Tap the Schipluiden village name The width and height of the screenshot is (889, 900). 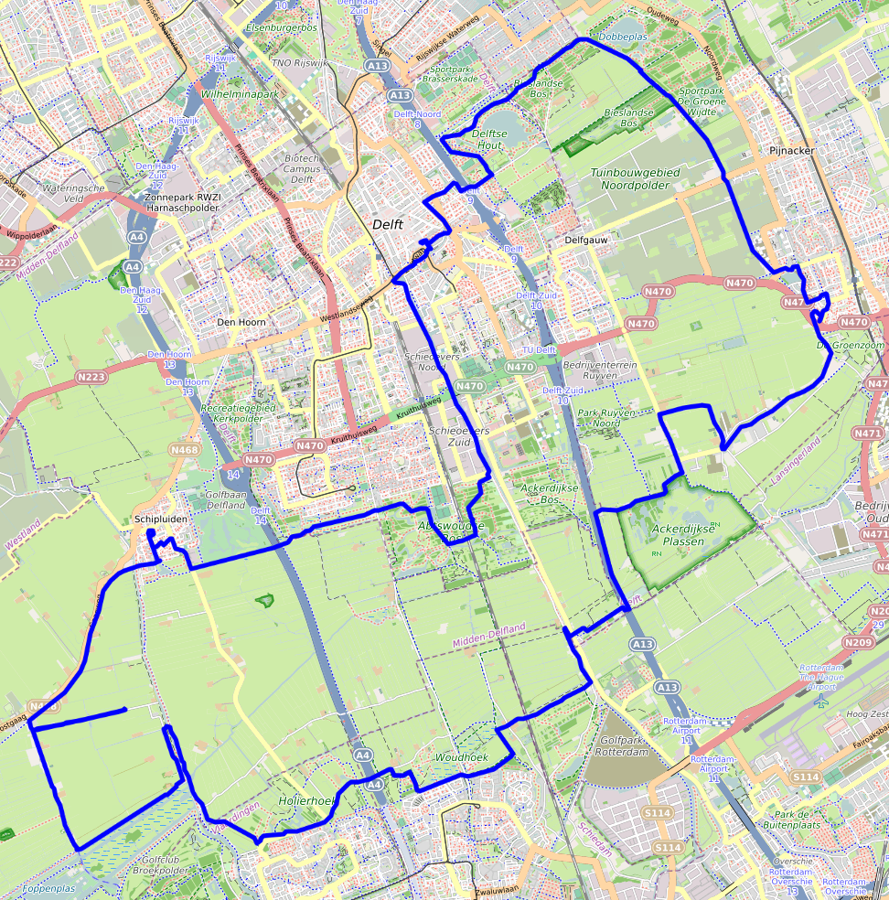coord(161,519)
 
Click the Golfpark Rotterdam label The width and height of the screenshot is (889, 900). coord(619,745)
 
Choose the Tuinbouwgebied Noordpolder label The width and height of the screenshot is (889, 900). coord(629,178)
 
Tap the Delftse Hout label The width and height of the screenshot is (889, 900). coord(489,139)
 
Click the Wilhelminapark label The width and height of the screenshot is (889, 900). coord(240,93)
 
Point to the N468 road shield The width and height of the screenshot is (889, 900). coord(185,449)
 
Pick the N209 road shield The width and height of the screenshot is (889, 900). coord(857,642)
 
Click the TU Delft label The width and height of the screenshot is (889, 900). coord(539,350)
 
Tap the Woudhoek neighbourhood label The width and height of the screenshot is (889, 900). coord(461,758)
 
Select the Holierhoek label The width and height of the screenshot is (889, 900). coord(305,800)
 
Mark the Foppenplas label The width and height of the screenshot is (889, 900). coord(49,888)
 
